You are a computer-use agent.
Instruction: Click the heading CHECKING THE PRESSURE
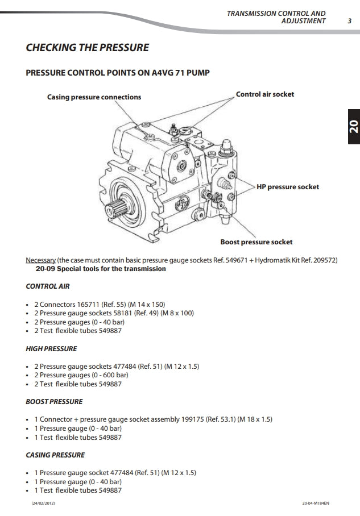87,48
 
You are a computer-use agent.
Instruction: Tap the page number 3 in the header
349,21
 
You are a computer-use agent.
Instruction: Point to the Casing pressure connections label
94,97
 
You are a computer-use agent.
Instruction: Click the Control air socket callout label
265,94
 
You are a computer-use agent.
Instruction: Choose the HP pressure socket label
287,186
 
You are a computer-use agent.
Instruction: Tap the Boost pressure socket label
256,242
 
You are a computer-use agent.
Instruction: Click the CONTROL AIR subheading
48,287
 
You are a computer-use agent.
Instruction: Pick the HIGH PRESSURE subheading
51,348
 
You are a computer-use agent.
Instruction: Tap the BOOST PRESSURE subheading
54,402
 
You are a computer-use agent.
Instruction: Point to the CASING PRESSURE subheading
55,455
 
